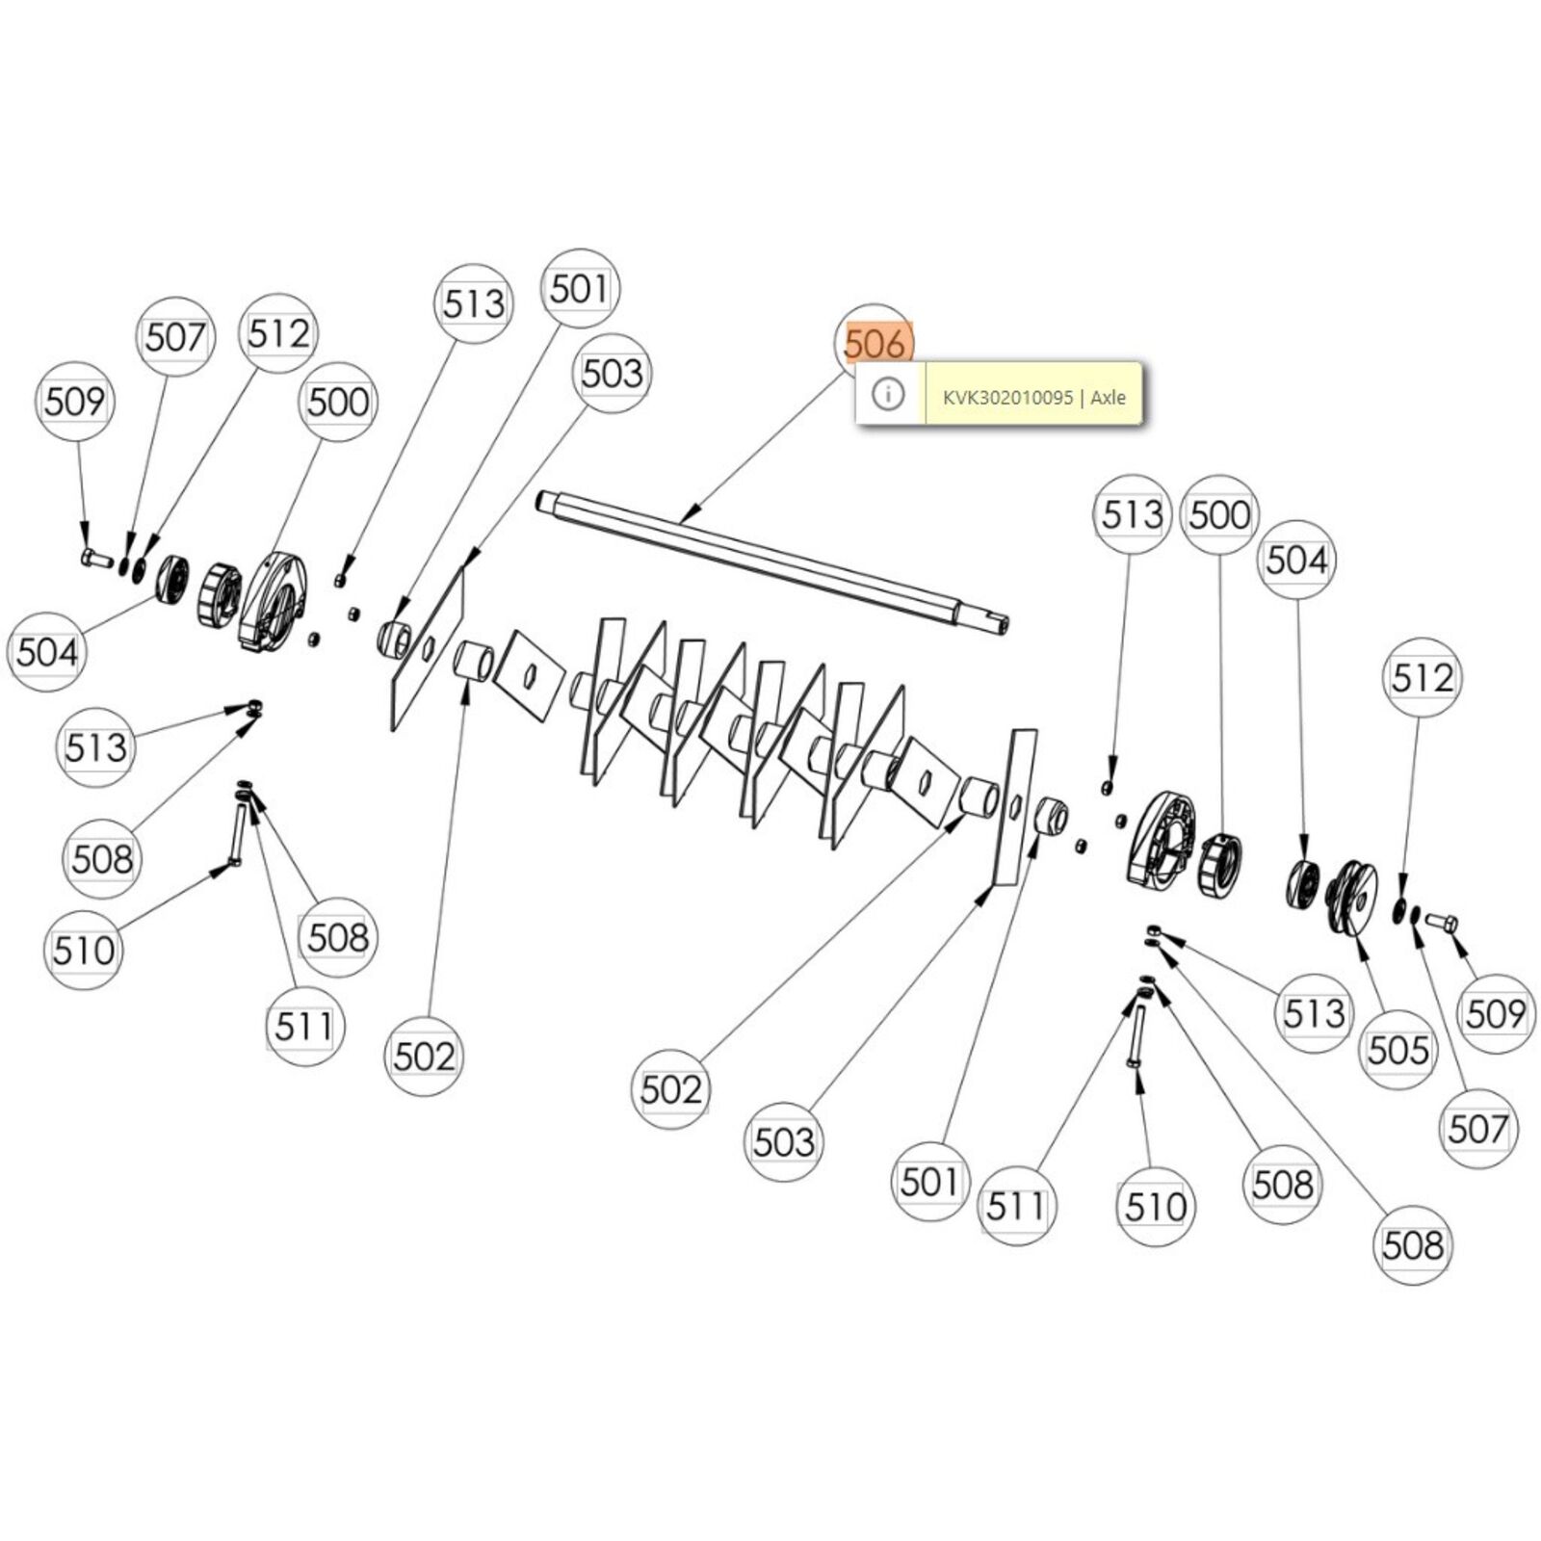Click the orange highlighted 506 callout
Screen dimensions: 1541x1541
coord(875,343)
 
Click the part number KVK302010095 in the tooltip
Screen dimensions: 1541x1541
coord(1007,397)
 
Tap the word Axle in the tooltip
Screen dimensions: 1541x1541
coord(1109,397)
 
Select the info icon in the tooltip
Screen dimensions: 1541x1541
coord(888,393)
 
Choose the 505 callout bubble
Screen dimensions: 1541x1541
coord(1398,1049)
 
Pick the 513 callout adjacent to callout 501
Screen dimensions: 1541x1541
coord(473,303)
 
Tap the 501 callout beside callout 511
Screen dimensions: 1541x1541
coord(929,1182)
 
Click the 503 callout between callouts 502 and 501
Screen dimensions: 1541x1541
coord(784,1141)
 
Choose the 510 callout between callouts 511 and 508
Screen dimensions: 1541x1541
coord(1156,1206)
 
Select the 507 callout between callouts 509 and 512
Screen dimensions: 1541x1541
coord(175,337)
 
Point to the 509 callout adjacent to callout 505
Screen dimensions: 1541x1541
coord(1495,1013)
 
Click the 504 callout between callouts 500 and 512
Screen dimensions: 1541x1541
coord(1296,559)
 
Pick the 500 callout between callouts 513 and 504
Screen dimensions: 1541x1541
coord(1219,514)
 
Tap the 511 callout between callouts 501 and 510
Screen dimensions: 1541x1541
coord(1016,1205)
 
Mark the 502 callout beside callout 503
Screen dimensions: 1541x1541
coord(671,1089)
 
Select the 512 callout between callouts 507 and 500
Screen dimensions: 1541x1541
coord(278,333)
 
